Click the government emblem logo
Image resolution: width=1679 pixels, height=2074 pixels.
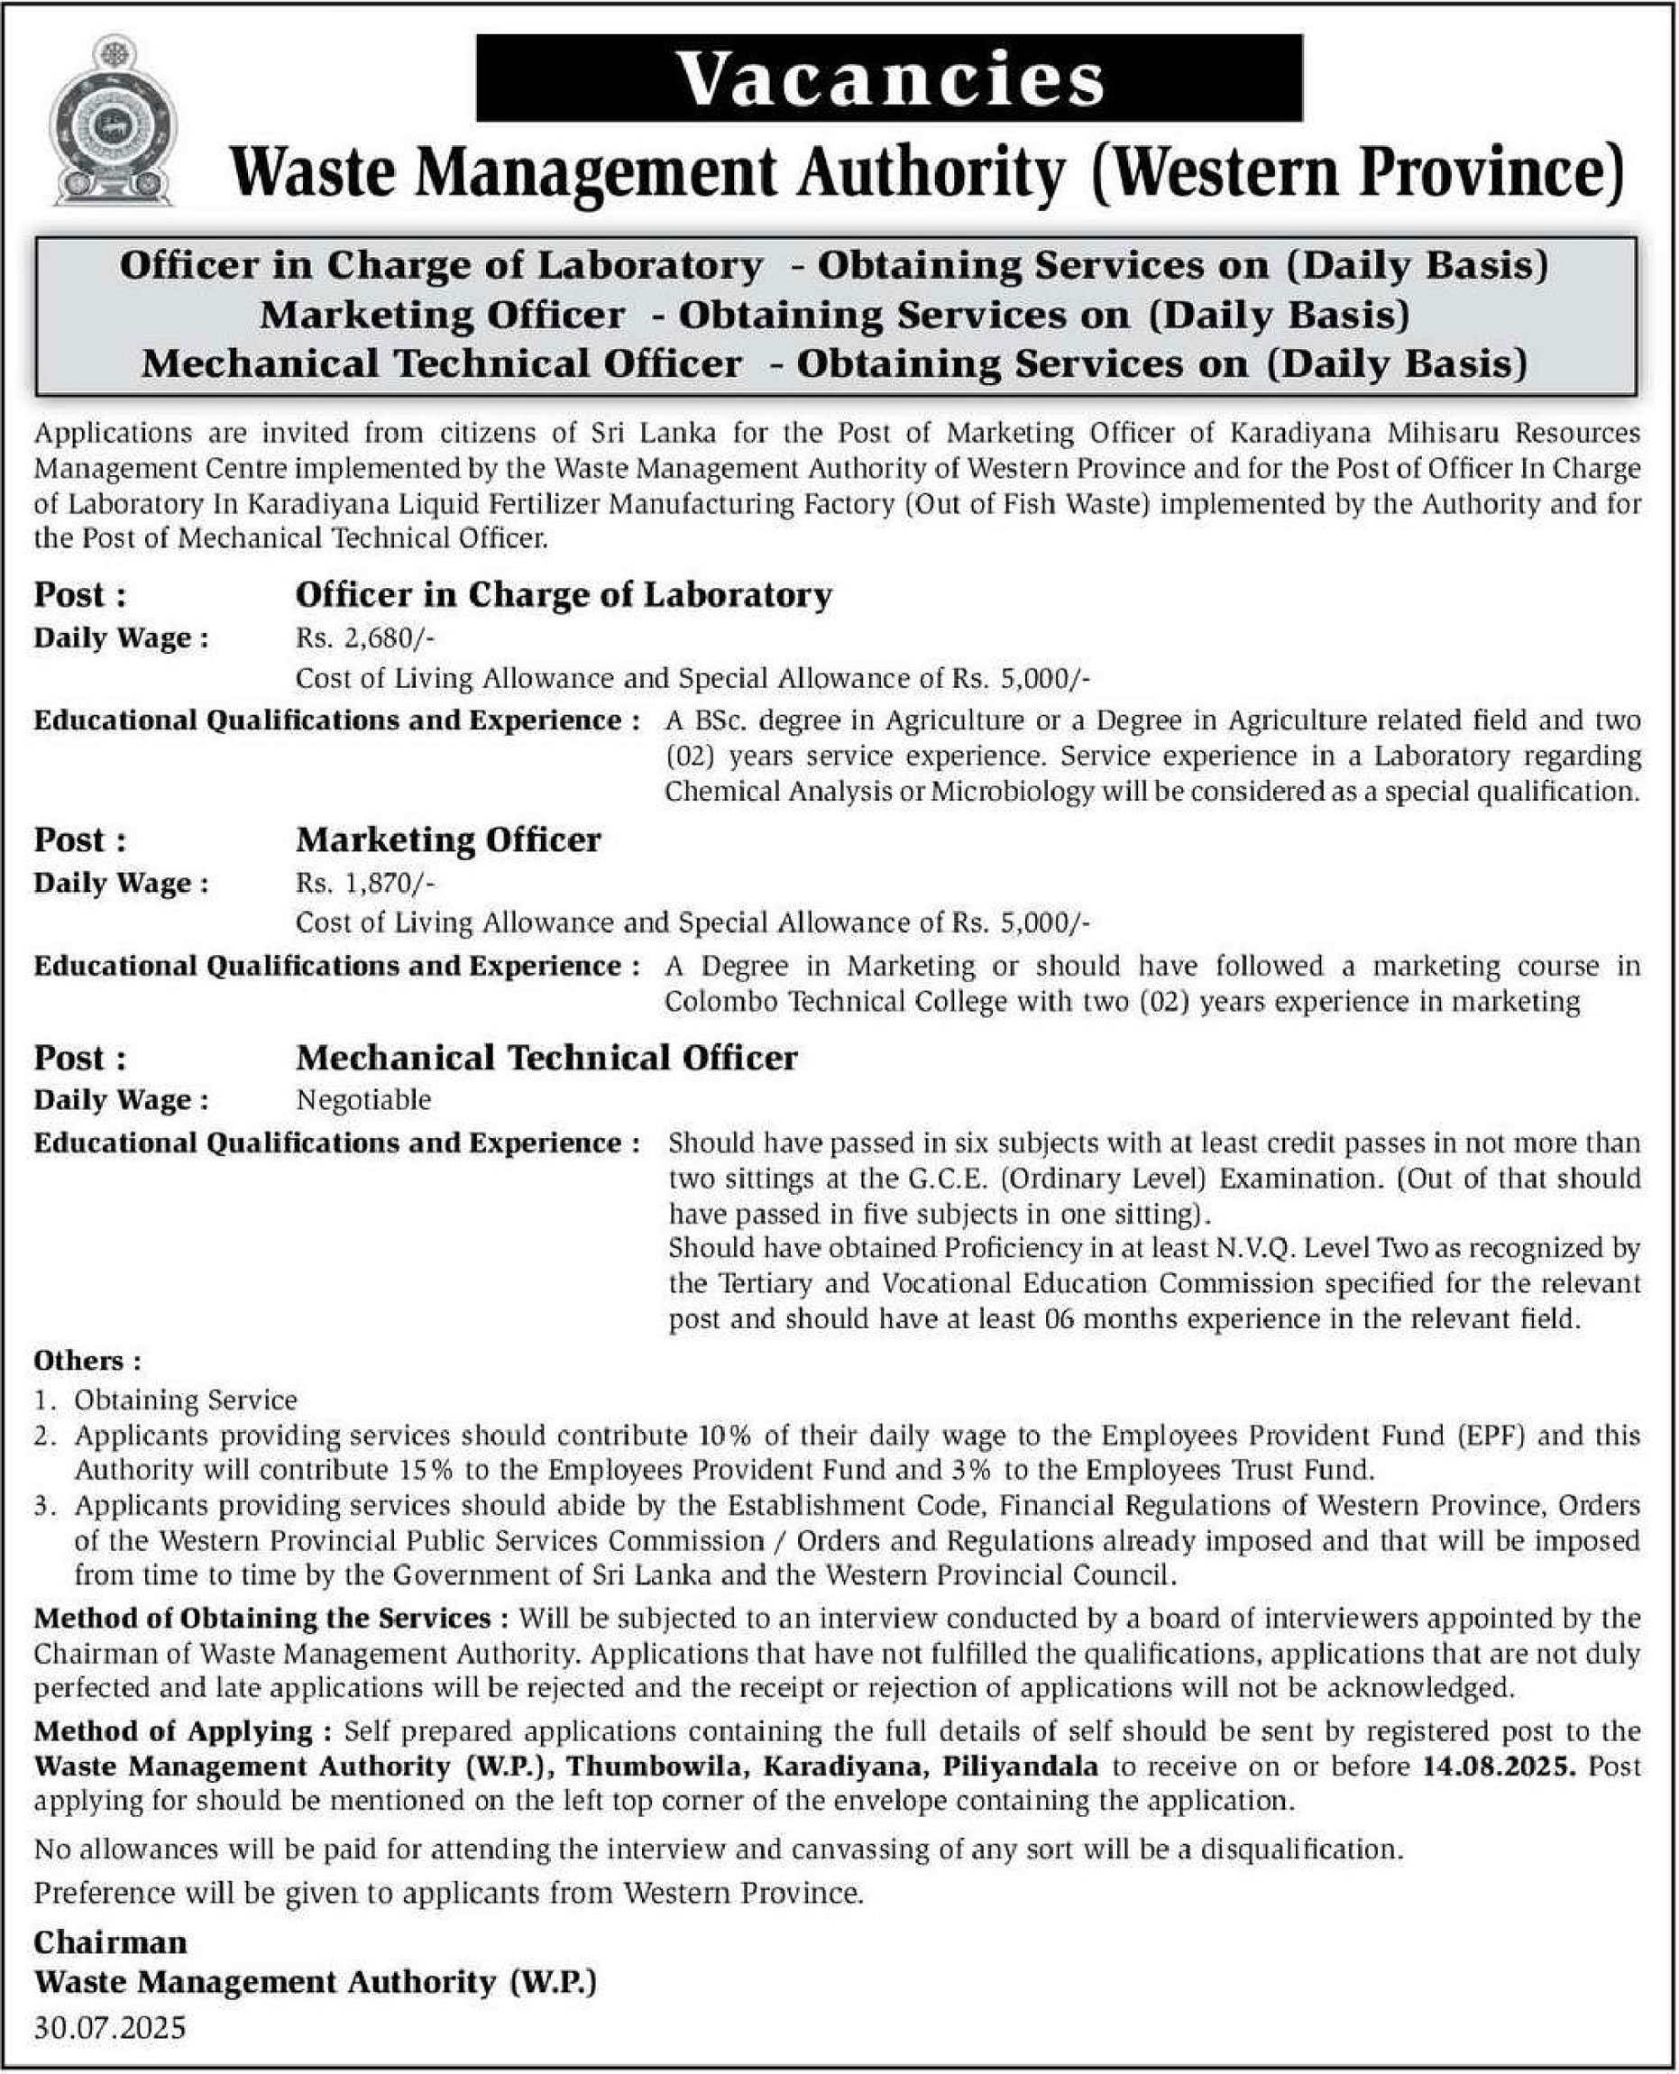(x=112, y=120)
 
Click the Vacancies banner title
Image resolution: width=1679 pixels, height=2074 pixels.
(x=890, y=78)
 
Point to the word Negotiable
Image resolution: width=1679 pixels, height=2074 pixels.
(x=363, y=1099)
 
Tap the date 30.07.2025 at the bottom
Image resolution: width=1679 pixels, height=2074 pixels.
(x=109, y=2026)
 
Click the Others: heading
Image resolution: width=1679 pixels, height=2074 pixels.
(x=87, y=1360)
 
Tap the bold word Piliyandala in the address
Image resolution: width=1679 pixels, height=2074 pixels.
(x=1022, y=1766)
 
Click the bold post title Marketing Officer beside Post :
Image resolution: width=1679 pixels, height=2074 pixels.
(x=448, y=840)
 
